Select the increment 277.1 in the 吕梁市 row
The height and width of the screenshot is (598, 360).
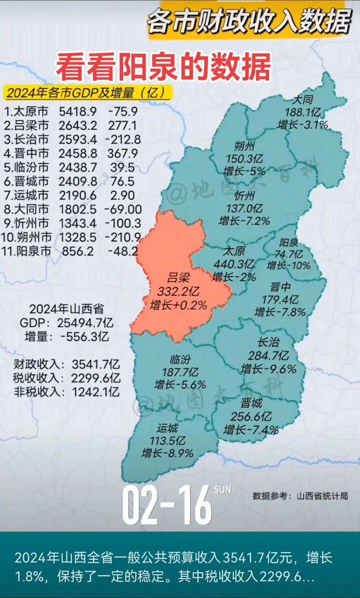click(122, 125)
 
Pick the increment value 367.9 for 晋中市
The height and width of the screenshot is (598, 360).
click(122, 153)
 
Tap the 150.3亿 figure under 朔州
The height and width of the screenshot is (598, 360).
click(245, 159)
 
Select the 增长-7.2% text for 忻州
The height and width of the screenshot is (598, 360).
click(244, 221)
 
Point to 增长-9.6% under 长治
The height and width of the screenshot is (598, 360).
click(269, 369)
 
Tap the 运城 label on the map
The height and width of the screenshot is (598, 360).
click(167, 428)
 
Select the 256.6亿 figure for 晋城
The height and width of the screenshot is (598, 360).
click(251, 416)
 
